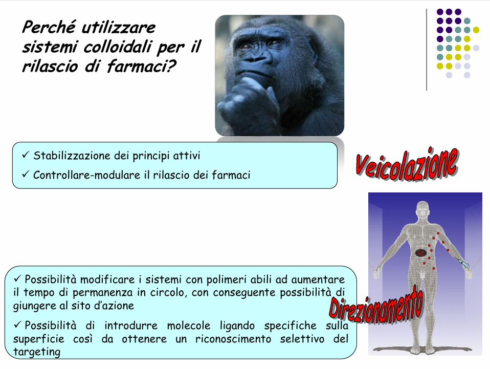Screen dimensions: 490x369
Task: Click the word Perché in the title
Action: [49, 27]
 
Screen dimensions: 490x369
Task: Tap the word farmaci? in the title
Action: [142, 66]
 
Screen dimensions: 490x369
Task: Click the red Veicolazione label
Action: [407, 164]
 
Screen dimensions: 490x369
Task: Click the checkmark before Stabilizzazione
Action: [25, 155]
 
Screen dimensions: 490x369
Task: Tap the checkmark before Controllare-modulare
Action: [25, 174]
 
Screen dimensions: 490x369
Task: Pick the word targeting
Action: [36, 352]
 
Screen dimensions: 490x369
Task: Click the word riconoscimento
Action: [233, 339]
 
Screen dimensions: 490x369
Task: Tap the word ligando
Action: [237, 326]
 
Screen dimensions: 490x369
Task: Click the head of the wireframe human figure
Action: [423, 209]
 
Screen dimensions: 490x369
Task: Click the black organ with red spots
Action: [421, 252]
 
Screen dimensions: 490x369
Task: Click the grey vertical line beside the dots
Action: [427, 50]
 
